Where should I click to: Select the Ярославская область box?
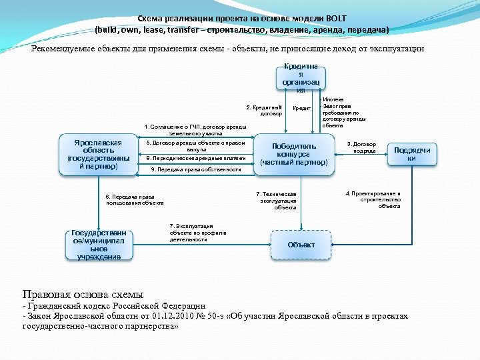point(99,155)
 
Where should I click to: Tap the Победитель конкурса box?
point(294,154)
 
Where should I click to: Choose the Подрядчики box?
point(412,154)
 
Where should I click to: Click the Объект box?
point(301,245)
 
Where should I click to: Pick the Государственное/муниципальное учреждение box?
point(99,245)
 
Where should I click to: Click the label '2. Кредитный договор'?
point(264,110)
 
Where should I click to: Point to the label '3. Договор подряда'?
point(365,147)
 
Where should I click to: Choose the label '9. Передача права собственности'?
point(196,170)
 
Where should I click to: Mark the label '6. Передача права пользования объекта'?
point(134,199)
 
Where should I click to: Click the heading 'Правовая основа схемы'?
point(83,294)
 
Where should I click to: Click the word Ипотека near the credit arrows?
point(334,99)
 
